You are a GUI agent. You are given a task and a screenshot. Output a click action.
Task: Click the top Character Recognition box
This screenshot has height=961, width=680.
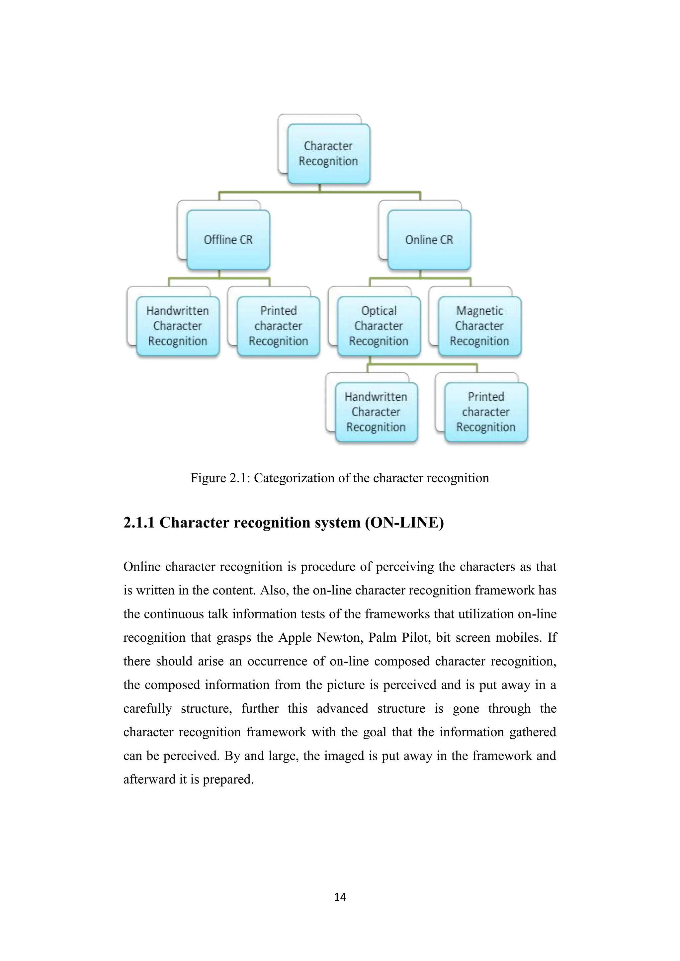point(328,154)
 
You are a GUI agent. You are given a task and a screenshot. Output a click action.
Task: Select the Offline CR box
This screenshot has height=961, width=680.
point(228,240)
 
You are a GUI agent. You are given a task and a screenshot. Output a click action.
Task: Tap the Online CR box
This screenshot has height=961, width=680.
point(429,240)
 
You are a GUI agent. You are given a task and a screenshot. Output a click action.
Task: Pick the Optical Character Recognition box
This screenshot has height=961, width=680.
point(379,326)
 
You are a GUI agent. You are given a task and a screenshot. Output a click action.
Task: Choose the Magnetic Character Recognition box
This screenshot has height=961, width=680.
point(479,326)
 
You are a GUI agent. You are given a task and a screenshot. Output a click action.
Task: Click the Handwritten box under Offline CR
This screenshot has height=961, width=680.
point(178,326)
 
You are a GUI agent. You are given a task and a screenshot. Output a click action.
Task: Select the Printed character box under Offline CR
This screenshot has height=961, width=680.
point(279,326)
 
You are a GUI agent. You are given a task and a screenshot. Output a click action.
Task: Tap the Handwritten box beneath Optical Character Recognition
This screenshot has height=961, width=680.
point(376,412)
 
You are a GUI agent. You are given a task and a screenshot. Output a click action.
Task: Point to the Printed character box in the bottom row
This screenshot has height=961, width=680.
point(486,412)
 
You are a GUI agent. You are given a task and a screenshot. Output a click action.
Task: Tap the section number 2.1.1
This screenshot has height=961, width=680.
point(138,523)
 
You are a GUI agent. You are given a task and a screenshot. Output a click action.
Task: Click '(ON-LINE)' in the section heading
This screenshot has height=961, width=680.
point(404,523)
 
